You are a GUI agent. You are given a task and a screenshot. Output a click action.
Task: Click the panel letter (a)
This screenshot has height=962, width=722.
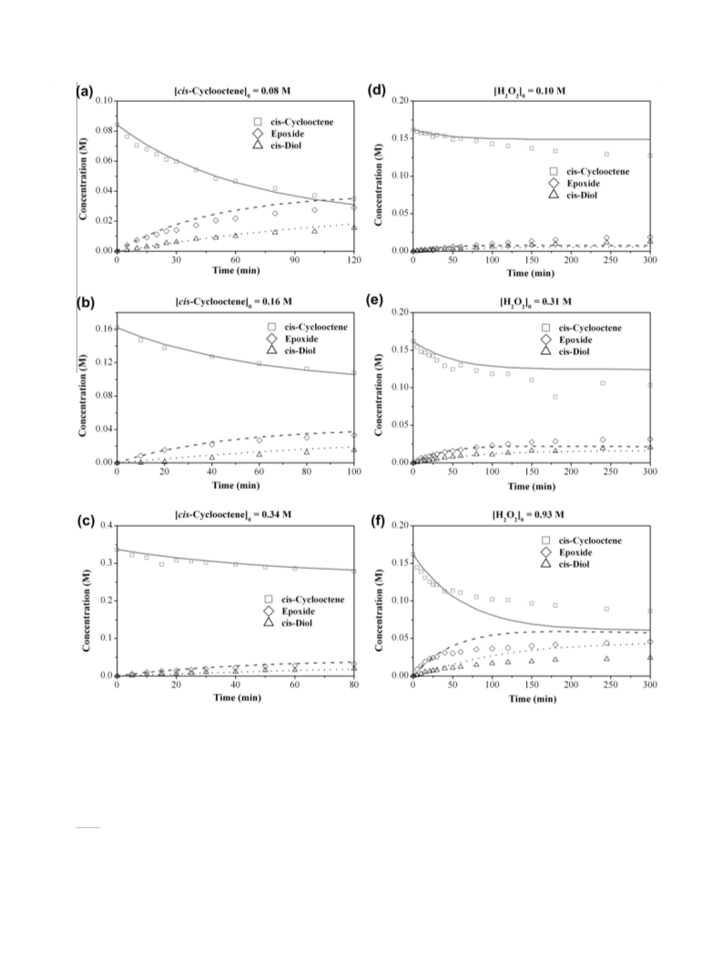85,92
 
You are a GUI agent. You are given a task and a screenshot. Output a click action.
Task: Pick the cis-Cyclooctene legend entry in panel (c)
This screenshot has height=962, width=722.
304,600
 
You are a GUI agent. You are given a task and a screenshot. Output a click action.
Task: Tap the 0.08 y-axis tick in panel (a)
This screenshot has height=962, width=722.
104,130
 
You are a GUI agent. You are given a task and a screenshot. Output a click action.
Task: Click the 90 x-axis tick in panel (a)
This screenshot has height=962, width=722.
295,259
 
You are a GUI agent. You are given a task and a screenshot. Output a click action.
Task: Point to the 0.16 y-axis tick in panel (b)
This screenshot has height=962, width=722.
104,329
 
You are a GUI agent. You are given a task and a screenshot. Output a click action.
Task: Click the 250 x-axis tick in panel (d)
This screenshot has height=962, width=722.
610,259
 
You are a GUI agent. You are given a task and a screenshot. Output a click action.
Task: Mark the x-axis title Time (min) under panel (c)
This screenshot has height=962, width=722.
237,697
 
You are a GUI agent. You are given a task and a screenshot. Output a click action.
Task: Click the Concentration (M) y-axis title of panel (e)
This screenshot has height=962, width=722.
380,387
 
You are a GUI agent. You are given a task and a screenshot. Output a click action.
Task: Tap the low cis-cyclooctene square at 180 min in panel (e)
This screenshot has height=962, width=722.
555,397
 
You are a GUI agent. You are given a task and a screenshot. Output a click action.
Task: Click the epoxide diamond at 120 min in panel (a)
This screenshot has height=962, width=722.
353,208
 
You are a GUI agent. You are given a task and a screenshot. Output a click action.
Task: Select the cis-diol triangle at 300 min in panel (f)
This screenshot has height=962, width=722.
650,657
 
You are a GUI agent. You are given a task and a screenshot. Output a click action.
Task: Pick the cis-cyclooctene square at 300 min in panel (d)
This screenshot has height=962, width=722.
650,156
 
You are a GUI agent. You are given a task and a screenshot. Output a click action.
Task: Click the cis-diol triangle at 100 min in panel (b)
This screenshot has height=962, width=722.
354,450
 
